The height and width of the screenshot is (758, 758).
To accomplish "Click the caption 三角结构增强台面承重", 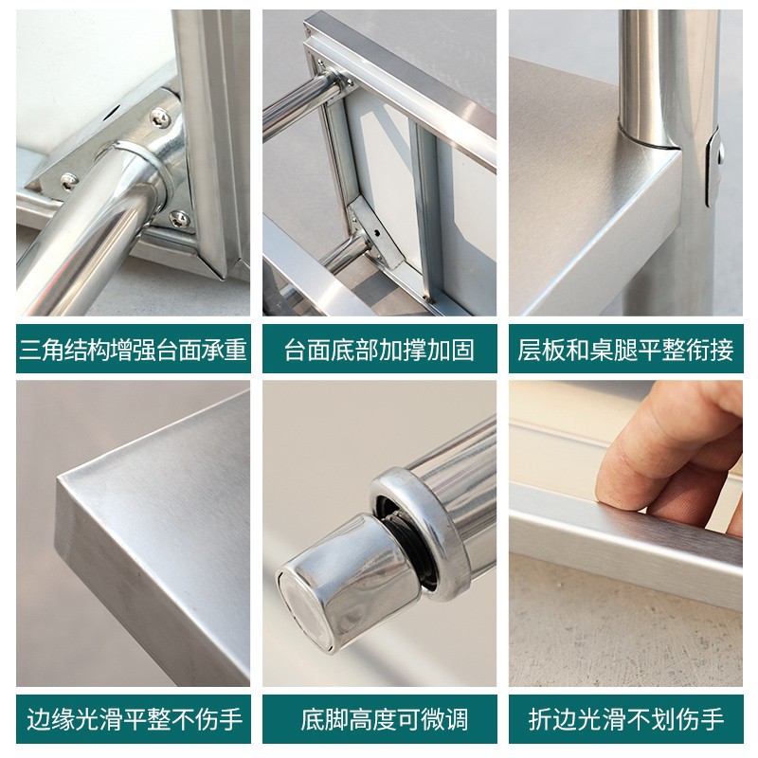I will (x=134, y=351).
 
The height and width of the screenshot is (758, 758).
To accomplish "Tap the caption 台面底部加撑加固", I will (x=379, y=351).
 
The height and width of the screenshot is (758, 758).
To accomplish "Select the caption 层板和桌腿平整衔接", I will (x=625, y=351).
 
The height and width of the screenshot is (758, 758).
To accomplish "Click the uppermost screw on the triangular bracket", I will (x=160, y=117).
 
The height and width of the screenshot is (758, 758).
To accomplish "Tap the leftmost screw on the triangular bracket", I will (x=68, y=180).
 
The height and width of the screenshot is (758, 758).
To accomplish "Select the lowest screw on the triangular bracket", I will (x=178, y=218).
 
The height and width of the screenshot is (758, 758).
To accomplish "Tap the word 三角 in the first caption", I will (x=43, y=351).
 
